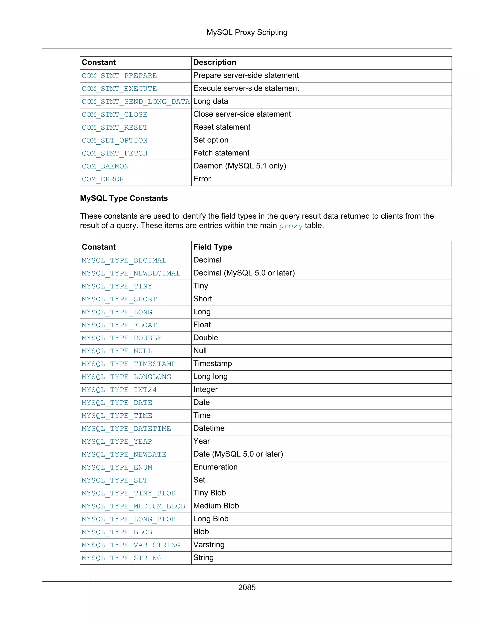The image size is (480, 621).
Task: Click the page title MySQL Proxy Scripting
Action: click(x=247, y=32)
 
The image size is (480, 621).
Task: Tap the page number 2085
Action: click(x=247, y=587)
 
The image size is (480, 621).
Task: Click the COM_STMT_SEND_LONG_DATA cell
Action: click(x=135, y=102)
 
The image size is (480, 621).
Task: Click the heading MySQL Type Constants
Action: click(x=124, y=198)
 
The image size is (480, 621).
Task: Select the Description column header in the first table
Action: click(x=214, y=63)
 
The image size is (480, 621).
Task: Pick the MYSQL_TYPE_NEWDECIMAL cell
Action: click(x=131, y=273)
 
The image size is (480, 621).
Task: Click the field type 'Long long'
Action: click(x=210, y=377)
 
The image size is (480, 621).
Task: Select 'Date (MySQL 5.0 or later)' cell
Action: click(x=238, y=454)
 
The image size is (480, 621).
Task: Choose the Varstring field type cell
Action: click(x=209, y=545)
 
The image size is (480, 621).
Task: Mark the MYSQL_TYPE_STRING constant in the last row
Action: click(x=121, y=558)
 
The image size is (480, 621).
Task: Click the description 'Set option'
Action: click(x=211, y=140)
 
